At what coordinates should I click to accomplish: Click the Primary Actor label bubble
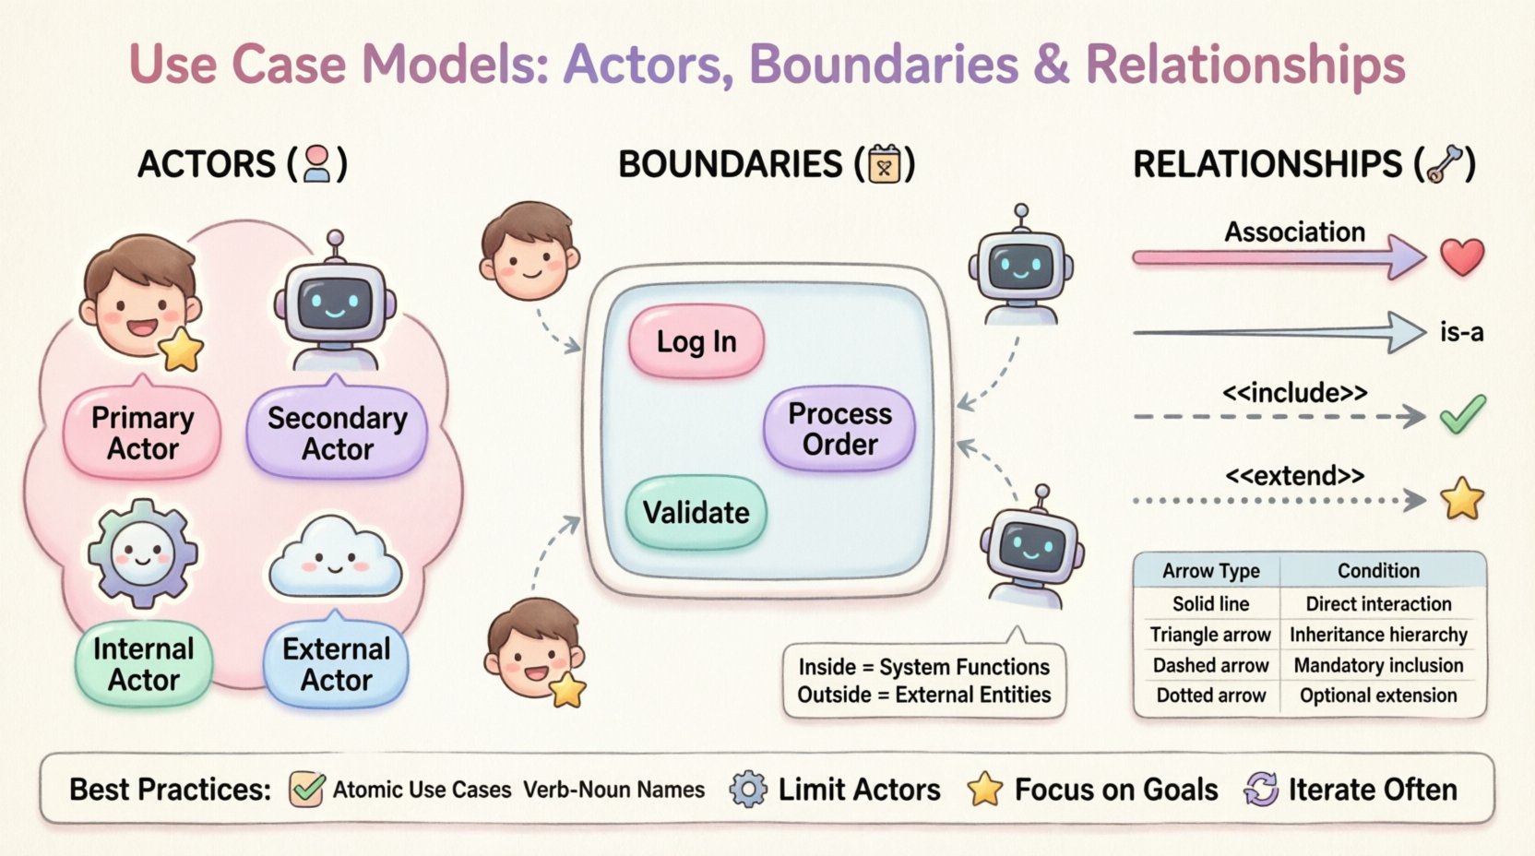point(142,434)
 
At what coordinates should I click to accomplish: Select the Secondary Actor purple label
point(338,434)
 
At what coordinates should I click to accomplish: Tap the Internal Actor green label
point(144,664)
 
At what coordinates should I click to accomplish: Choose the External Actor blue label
point(337,664)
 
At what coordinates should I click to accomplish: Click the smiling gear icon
point(142,553)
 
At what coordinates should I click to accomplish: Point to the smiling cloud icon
point(335,558)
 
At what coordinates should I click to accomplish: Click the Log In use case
point(696,341)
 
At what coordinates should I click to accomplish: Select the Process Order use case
point(839,429)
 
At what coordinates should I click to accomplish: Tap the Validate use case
point(696,512)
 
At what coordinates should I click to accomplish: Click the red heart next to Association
point(1462,256)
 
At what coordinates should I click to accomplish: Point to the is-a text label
point(1461,332)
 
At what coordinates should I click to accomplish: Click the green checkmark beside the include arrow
point(1463,415)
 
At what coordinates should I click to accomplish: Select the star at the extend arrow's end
point(1462,499)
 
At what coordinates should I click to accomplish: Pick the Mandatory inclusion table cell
point(1378,665)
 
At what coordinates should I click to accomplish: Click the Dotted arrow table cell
point(1210,695)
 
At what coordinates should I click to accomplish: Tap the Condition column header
point(1378,571)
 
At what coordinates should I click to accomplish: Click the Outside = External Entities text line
point(923,695)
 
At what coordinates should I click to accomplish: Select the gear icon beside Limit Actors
point(747,790)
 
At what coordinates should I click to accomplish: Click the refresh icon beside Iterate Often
point(1261,790)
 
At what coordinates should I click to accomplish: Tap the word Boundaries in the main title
point(883,65)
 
